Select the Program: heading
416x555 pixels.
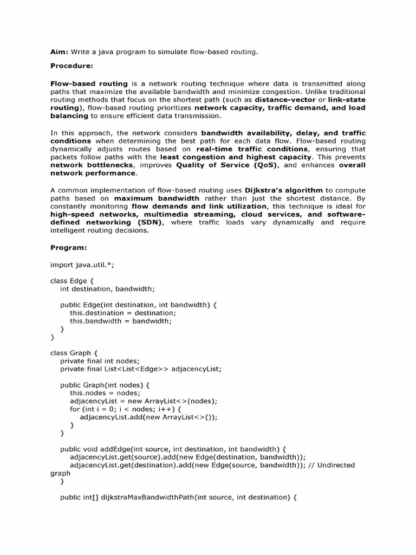69,248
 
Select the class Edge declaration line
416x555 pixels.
72,281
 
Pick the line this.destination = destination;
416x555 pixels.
123,313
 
